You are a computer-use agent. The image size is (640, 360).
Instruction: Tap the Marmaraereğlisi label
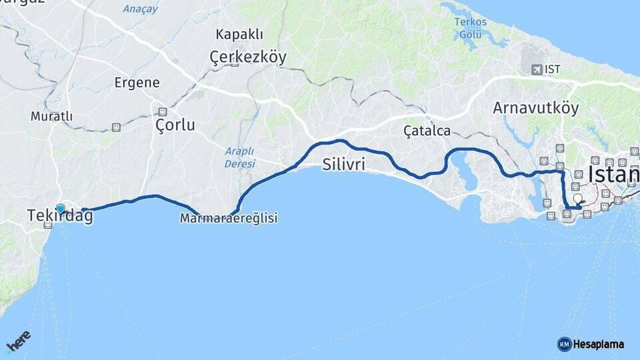click(229, 218)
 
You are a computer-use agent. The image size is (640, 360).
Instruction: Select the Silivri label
click(343, 164)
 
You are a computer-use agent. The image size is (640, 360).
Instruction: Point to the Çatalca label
click(427, 131)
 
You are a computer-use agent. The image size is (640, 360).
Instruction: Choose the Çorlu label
click(175, 125)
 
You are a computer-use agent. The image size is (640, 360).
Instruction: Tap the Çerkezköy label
click(248, 57)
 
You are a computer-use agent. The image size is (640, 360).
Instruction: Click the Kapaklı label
click(239, 35)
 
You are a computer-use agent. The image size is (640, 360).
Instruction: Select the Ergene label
click(137, 83)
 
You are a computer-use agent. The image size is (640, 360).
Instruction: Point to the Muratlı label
click(51, 117)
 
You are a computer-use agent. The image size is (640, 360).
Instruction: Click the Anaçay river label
click(140, 9)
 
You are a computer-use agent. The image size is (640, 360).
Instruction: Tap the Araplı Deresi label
click(239, 157)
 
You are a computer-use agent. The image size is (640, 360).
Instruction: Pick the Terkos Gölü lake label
click(471, 28)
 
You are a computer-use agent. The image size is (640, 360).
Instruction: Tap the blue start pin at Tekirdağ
click(61, 209)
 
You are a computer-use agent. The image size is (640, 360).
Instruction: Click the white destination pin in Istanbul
click(577, 199)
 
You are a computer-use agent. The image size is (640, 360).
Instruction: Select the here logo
click(18, 341)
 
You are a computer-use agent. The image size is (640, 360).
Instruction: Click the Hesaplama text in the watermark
click(598, 344)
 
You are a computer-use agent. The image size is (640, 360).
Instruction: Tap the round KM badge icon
click(564, 344)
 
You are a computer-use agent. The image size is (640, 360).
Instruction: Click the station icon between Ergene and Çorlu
click(162, 112)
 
